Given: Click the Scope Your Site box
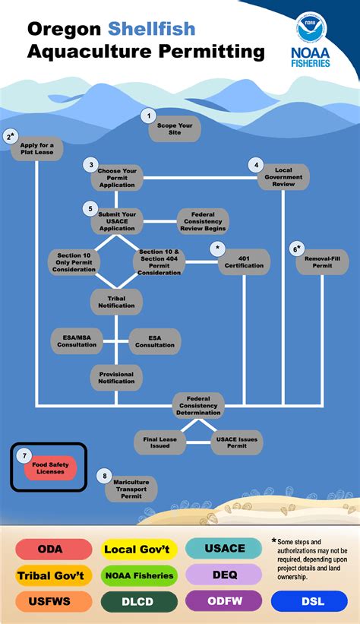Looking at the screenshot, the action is click(175, 129).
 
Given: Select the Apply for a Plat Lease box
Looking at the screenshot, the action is click(37, 149).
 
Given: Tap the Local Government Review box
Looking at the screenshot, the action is click(283, 177).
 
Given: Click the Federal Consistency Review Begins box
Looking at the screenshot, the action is click(203, 221).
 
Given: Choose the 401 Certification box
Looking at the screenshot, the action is click(244, 262).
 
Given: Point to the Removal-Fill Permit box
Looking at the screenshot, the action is click(322, 262).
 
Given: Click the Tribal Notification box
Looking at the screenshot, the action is click(116, 302).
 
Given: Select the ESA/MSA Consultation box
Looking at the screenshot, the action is click(77, 341).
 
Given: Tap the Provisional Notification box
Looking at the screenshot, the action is click(116, 378).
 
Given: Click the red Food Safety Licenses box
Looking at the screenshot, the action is click(51, 468).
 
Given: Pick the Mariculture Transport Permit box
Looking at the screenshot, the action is click(131, 489).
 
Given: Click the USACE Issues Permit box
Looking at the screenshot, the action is click(237, 442).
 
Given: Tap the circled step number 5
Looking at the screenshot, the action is click(90, 208).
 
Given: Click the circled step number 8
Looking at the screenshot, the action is click(105, 476).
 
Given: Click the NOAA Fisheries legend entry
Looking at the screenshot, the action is click(139, 575).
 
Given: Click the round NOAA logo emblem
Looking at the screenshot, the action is click(311, 27).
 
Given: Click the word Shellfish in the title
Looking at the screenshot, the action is click(152, 29).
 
